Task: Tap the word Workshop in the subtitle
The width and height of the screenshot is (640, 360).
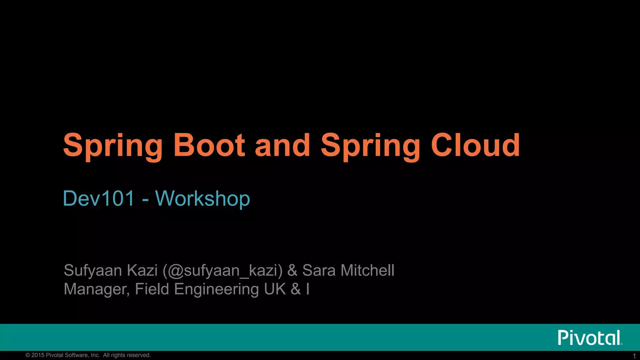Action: (202, 199)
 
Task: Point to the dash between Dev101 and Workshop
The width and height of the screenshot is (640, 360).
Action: (145, 200)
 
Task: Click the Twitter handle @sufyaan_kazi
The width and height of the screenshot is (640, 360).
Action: (222, 271)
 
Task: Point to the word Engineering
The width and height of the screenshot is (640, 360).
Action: (216, 289)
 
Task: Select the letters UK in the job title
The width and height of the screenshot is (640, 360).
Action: (275, 289)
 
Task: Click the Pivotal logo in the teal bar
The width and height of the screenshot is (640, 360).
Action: (590, 337)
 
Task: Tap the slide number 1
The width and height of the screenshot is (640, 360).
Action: (634, 356)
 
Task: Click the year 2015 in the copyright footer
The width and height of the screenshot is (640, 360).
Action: (38, 355)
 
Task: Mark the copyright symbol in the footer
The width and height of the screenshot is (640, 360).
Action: (28, 355)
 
